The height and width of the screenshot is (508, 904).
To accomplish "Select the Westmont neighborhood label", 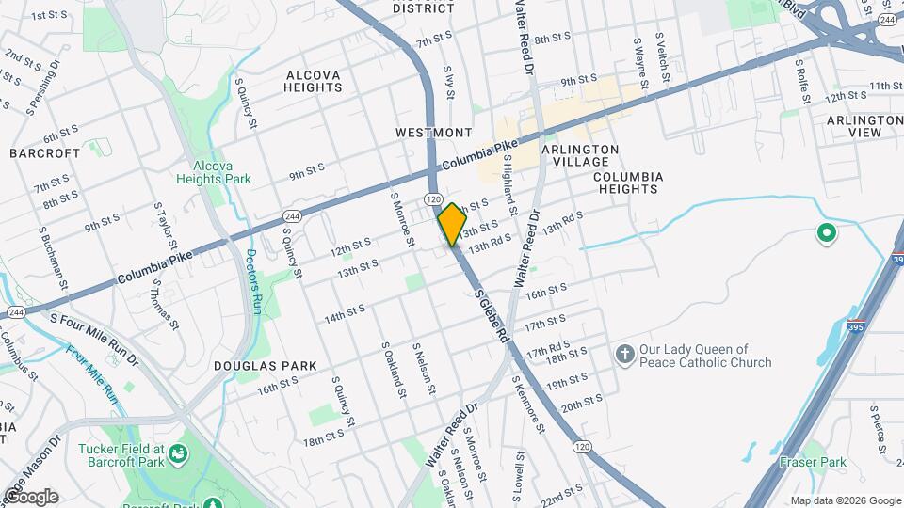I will pos(433,133).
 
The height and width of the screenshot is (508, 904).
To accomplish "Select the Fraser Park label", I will pos(813,462).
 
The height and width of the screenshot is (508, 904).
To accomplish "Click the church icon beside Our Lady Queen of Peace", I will pos(623,355).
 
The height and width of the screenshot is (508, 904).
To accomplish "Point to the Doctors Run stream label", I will pos(252,280).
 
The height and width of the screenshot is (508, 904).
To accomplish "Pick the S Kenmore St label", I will pos(528,405).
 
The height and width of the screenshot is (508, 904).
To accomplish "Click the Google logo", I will pos(30,497).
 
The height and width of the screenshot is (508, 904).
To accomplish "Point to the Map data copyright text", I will pos(846,500).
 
